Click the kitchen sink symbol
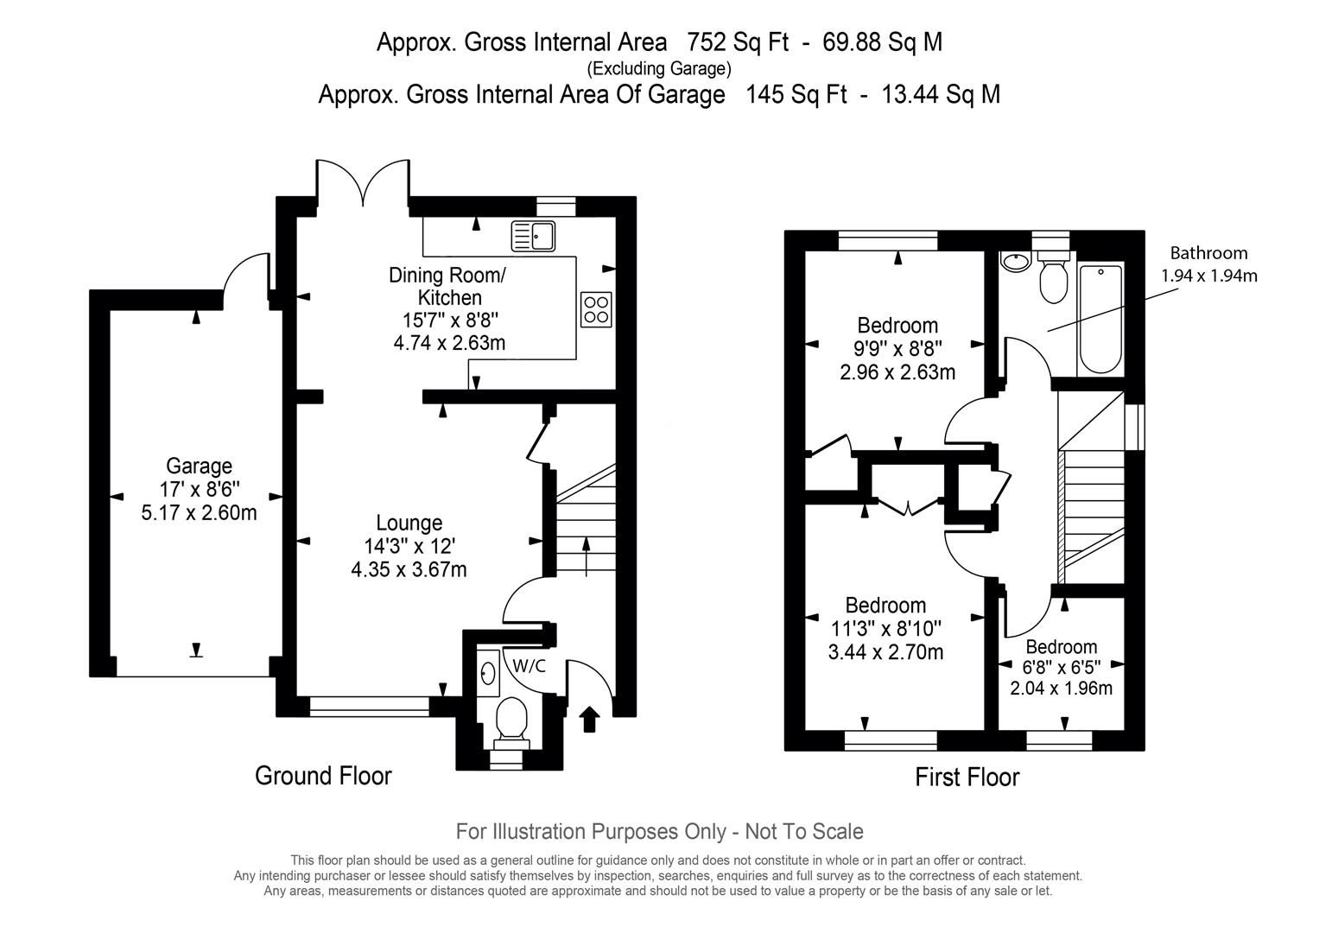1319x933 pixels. tap(533, 236)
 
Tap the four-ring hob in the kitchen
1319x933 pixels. tap(596, 310)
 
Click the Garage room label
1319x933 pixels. tap(199, 466)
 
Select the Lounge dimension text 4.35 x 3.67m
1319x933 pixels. tap(409, 569)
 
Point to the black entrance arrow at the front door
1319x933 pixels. tap(589, 719)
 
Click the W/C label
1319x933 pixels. tap(530, 666)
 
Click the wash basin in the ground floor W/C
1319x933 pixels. tap(487, 673)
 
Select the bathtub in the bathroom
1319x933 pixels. tap(1100, 319)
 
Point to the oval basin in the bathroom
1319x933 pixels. tap(1015, 262)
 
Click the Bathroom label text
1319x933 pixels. tap(1209, 253)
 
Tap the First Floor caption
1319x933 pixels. tap(967, 777)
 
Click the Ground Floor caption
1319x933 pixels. tap(323, 776)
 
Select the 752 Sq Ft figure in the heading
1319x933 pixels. tap(738, 42)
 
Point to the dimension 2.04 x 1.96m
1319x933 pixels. tap(1061, 688)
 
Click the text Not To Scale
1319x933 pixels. tap(804, 832)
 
